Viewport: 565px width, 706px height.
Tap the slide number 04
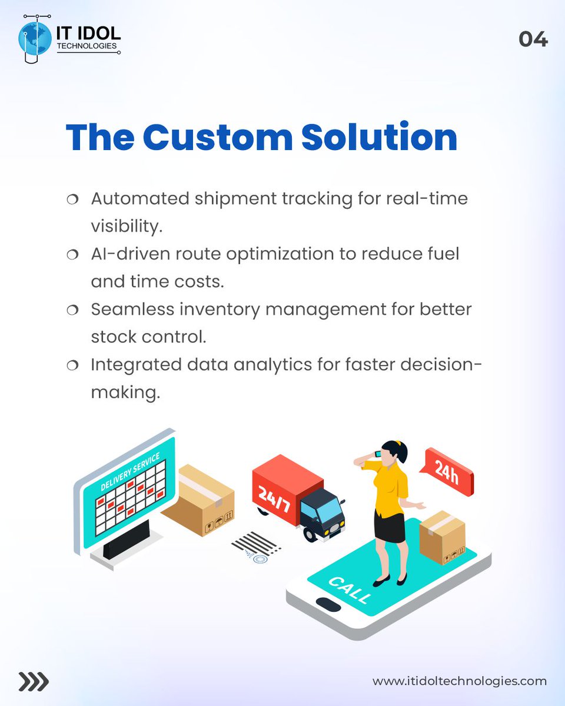coord(533,40)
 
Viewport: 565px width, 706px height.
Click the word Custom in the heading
coord(217,138)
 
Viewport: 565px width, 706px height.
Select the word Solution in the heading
coord(379,138)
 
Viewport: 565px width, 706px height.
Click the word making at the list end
coord(125,392)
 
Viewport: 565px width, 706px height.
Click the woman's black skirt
coord(390,526)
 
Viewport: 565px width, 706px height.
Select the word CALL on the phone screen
coord(350,590)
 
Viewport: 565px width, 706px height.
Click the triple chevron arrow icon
coord(33,681)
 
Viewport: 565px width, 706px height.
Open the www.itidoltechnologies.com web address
coord(460,681)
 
